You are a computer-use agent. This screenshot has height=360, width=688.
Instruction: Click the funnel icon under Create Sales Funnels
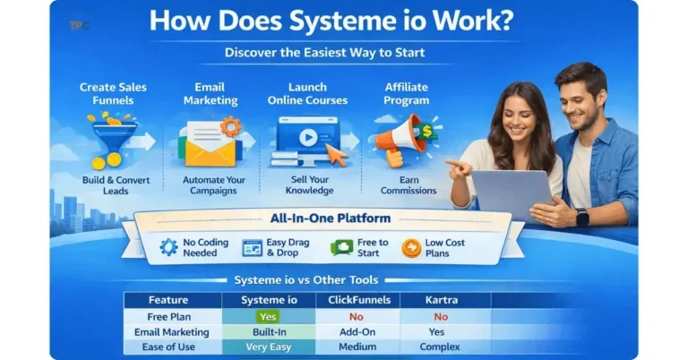[113, 142]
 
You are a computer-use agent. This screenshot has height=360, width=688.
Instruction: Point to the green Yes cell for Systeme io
[268, 316]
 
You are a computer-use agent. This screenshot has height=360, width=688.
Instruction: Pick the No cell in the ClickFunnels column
[357, 316]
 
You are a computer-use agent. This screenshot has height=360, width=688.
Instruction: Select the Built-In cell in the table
[268, 331]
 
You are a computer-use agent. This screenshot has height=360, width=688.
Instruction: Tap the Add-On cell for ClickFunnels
[357, 331]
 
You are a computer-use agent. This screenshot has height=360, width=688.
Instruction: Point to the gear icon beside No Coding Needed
[168, 247]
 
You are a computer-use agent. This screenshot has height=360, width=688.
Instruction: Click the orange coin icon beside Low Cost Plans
[412, 247]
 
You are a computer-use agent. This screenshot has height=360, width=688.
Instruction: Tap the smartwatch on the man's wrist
[582, 217]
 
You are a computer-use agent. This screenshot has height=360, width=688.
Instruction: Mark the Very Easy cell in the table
[268, 347]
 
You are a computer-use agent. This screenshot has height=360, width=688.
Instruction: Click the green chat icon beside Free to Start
[341, 247]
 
